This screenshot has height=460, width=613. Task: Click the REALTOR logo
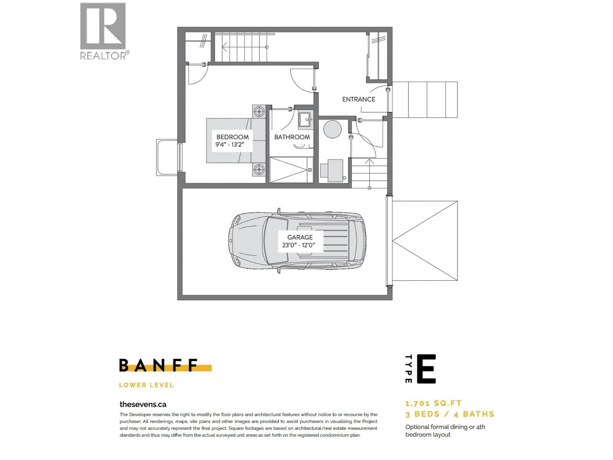point(103,31)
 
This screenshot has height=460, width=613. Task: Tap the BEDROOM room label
point(232,137)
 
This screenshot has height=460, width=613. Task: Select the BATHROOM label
point(292,137)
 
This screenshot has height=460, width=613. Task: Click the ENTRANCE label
point(358,99)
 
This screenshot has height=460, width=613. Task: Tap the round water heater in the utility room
point(332,129)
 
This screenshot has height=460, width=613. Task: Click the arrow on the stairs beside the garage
point(369,162)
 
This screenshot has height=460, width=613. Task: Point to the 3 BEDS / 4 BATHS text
point(450,414)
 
